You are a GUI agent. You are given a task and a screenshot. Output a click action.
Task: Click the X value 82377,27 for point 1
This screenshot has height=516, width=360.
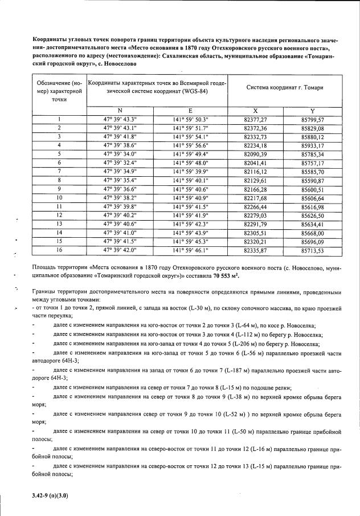click(255, 119)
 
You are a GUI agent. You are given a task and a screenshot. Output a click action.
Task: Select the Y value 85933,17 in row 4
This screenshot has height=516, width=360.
click(312, 145)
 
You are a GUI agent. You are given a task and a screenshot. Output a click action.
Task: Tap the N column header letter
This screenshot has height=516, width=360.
click(120, 111)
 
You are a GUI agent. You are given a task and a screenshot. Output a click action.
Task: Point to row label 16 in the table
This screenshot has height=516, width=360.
click(59, 250)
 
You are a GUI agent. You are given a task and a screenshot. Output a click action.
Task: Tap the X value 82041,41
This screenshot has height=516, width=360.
click(255, 162)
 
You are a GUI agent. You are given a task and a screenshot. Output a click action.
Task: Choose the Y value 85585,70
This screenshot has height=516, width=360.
click(312, 171)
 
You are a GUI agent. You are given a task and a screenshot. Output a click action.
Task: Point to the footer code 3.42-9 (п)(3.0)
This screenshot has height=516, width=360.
click(50, 496)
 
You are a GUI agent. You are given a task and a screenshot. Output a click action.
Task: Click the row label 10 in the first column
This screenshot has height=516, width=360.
click(59, 197)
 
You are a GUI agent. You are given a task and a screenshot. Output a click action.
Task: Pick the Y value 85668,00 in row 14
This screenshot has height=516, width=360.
click(312, 233)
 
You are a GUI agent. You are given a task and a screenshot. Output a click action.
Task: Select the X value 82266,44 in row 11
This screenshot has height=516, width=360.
click(255, 206)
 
